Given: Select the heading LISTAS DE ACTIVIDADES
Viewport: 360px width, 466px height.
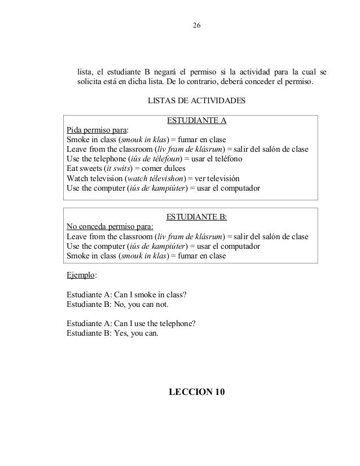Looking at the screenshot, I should tap(196, 101).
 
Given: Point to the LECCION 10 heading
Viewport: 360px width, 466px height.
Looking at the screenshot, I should tap(196, 392).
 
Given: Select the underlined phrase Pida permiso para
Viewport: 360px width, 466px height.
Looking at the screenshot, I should tap(96, 130).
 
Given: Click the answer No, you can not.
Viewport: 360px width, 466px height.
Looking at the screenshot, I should tap(141, 305).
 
